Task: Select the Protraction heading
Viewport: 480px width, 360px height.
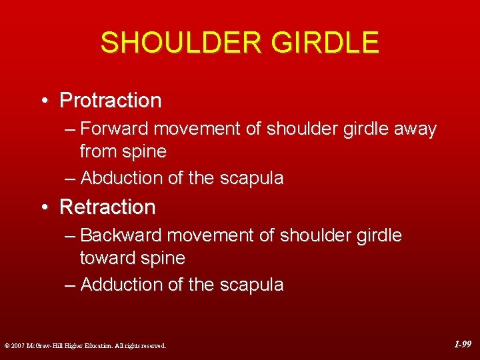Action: click(x=111, y=101)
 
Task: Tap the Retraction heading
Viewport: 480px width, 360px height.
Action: click(x=107, y=207)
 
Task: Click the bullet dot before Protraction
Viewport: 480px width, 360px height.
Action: click(x=43, y=101)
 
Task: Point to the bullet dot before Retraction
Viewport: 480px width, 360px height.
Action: click(x=43, y=207)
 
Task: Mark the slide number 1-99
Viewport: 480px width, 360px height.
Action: click(x=463, y=345)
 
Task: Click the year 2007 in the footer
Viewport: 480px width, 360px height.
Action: click(x=17, y=345)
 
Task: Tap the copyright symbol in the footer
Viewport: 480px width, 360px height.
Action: click(x=6, y=345)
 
